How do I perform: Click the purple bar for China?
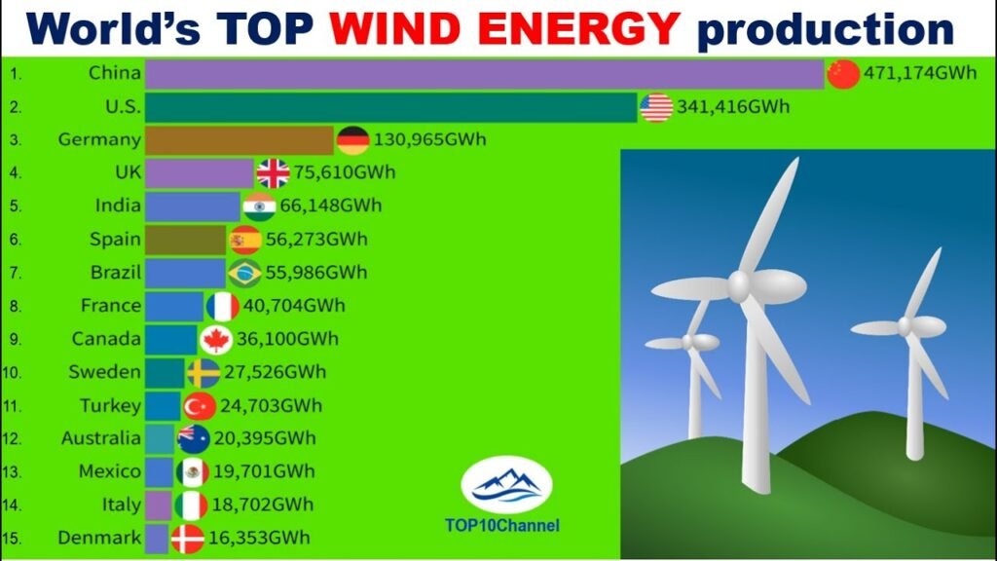(485, 74)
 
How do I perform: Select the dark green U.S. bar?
(391, 107)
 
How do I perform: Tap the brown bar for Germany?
(240, 140)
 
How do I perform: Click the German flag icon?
(352, 140)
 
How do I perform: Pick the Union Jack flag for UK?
(274, 173)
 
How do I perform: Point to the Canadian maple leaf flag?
(216, 340)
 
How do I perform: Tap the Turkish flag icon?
(200, 406)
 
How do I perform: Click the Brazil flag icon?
(244, 273)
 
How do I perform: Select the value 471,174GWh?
(919, 73)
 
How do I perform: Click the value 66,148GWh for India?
(331, 206)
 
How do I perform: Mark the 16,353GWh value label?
(259, 538)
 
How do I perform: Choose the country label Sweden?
(105, 371)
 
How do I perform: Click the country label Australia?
(101, 438)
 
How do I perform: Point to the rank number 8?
(16, 307)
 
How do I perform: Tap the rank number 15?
(12, 539)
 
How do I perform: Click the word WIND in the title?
(394, 28)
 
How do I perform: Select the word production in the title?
(826, 30)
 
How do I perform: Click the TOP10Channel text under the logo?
(502, 525)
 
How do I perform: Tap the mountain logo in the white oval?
(506, 485)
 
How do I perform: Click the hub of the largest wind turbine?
(740, 286)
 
